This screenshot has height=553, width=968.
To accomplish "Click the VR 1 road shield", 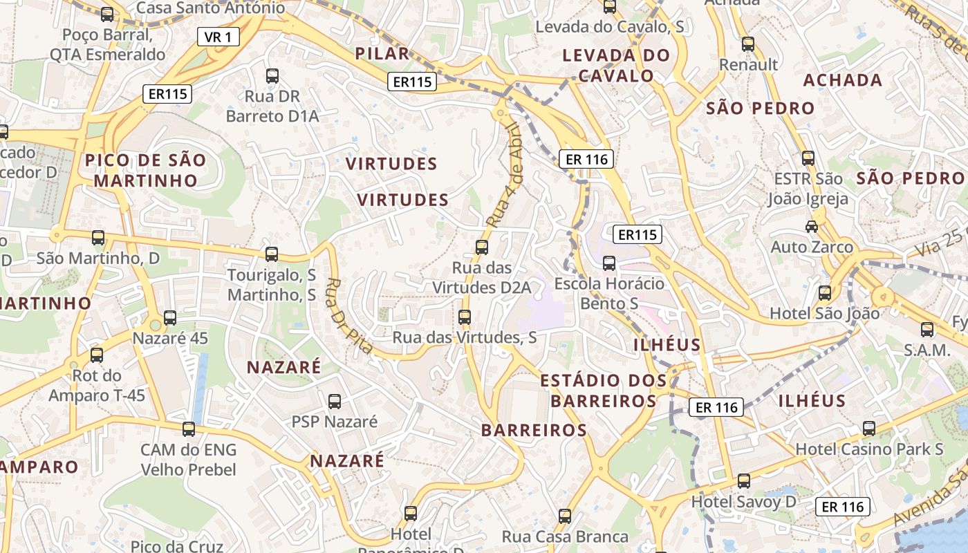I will click(218, 37).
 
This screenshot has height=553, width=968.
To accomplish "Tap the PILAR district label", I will click(382, 54).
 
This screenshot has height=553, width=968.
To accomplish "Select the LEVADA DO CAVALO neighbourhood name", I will click(616, 65).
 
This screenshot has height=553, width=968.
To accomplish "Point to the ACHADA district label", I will click(842, 80).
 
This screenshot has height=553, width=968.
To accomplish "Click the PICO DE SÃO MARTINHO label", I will click(146, 171).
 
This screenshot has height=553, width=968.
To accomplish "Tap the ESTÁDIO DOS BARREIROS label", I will click(603, 391).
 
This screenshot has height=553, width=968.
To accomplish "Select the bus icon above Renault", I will click(748, 44).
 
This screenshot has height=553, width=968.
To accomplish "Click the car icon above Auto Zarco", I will click(812, 226).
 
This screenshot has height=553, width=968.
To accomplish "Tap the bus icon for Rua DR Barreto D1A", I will click(272, 76).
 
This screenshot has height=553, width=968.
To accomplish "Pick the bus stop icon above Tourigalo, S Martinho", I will click(272, 254).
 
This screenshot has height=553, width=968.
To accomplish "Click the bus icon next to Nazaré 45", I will click(170, 318).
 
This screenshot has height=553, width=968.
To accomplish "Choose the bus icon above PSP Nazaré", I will click(335, 401).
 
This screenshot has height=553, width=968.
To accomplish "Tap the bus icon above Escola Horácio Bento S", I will click(609, 263).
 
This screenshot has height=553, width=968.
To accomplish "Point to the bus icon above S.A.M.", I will click(927, 330).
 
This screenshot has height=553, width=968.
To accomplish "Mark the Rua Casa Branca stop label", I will click(565, 536).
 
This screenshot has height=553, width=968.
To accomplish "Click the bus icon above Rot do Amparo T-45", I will click(97, 355).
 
